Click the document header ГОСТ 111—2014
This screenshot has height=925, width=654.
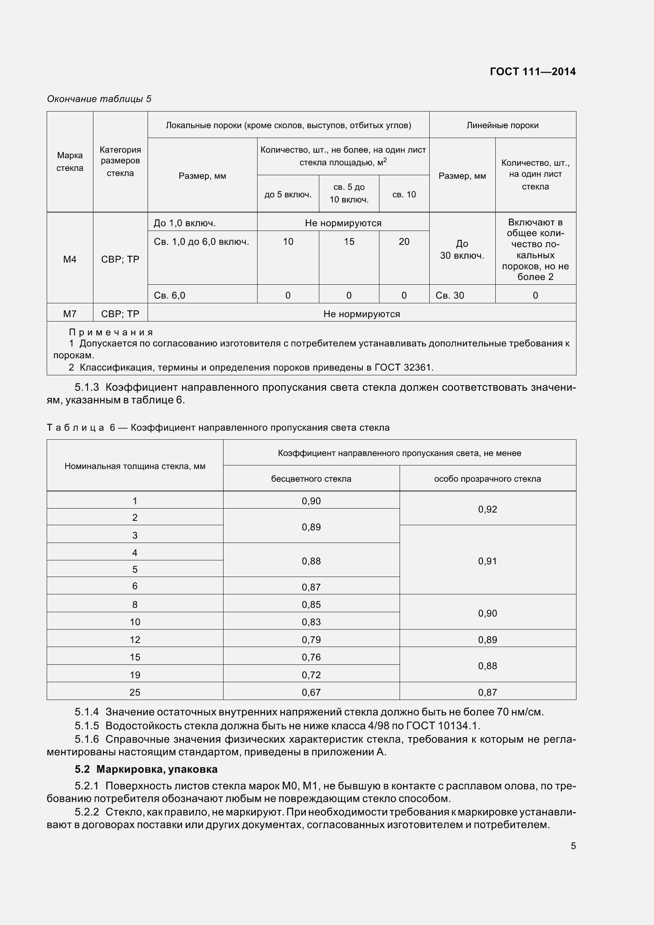532,72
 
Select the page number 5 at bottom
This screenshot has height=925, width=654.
573,846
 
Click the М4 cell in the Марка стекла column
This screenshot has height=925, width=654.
70,259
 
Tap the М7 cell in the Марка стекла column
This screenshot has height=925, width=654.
70,314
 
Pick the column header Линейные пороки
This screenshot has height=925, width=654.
502,125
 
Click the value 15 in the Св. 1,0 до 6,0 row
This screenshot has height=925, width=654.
349,241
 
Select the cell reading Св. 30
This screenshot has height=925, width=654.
450,295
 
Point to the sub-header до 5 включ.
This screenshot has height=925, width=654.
288,195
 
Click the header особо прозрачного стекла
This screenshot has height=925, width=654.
487,479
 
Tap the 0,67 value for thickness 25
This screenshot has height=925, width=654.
311,692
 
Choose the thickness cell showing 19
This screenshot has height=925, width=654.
135,674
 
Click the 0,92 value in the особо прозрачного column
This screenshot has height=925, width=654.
487,509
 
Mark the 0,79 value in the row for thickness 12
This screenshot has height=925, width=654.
311,639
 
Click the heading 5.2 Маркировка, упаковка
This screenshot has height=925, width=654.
146,769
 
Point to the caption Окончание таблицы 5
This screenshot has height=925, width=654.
99,99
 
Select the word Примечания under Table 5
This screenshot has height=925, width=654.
111,332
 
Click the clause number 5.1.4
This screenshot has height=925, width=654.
87,712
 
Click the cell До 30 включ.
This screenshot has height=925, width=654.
462,250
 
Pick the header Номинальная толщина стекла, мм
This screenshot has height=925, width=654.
135,466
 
